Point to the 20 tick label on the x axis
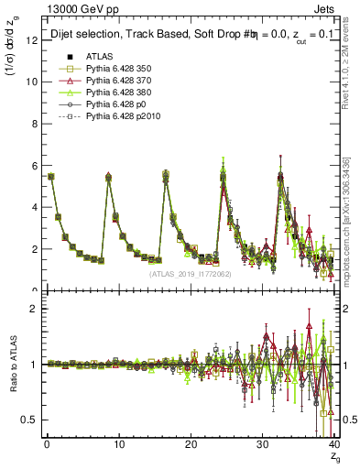(x=191, y=444)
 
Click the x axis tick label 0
(x=47, y=444)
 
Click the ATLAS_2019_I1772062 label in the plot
(x=190, y=273)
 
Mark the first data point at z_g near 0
(x=50, y=176)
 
